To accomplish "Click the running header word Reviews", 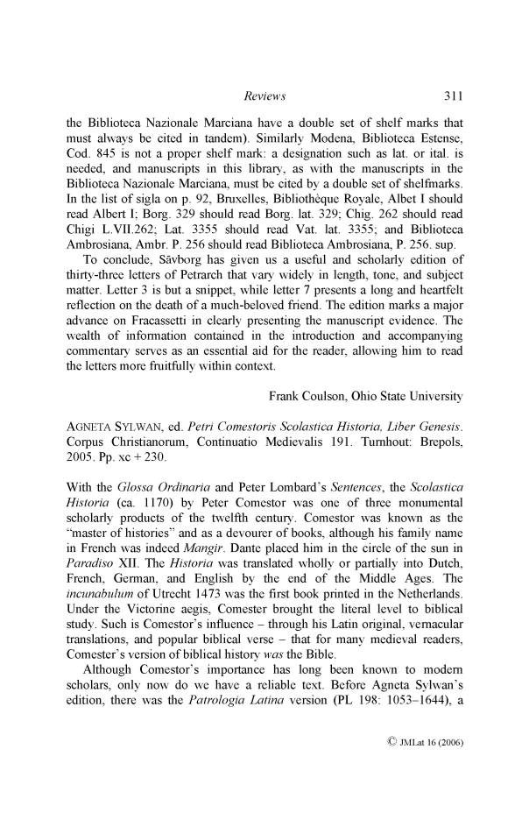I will click(x=264, y=95).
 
